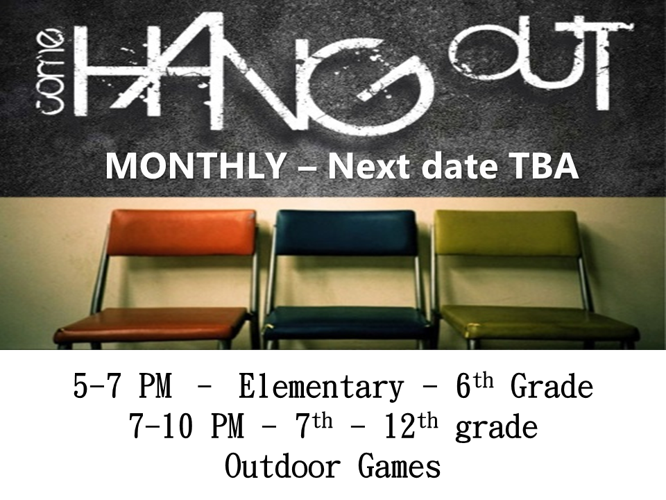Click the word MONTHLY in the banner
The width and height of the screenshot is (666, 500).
pos(196,166)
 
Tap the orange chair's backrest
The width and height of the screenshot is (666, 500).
pos(183,232)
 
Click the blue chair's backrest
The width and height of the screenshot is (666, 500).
pos(345,233)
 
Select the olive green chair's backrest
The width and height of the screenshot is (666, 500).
pos(506,233)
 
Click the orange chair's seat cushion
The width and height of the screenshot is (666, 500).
pos(153,323)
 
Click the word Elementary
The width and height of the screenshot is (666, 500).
pos(321,387)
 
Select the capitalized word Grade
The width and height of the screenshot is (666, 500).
pos(552,386)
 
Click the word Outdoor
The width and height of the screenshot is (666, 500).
pos(282,466)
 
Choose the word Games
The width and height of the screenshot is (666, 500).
pos(400,466)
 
